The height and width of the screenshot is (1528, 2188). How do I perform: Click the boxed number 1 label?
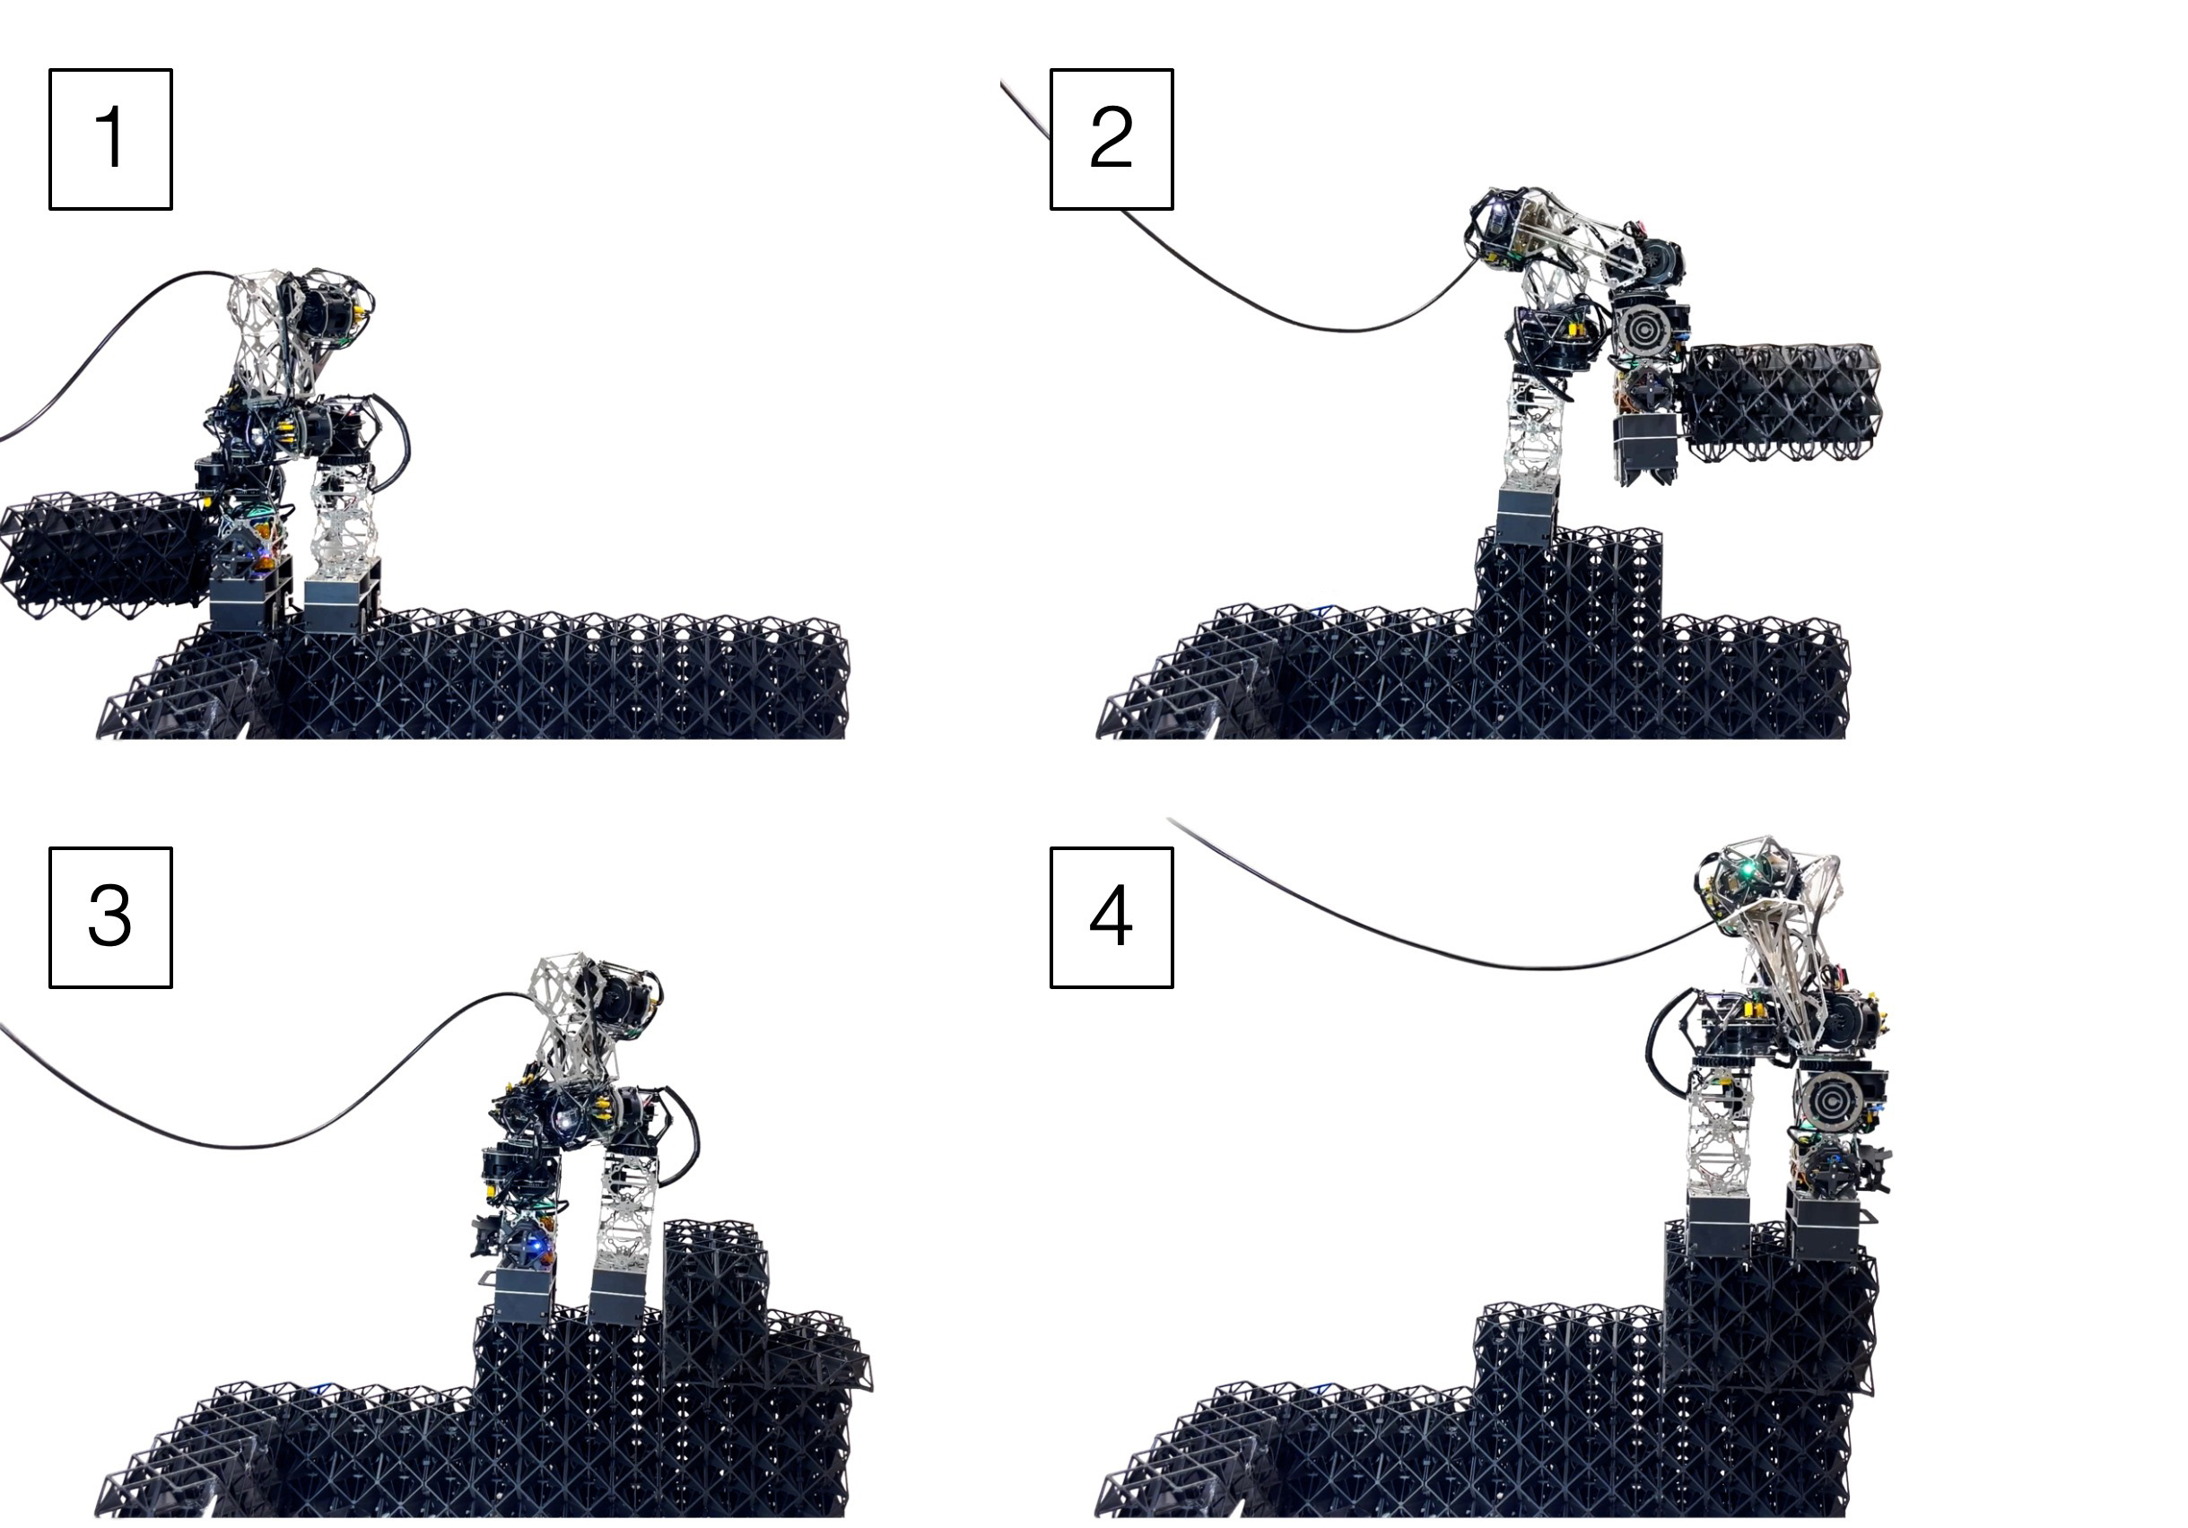[x=110, y=139]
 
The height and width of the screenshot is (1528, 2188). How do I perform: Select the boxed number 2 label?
[x=1111, y=139]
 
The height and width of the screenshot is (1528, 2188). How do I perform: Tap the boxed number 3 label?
[x=110, y=917]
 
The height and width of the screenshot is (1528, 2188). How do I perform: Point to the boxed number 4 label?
[x=1111, y=917]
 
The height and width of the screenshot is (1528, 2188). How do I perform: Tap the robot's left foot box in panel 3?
[x=524, y=1296]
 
